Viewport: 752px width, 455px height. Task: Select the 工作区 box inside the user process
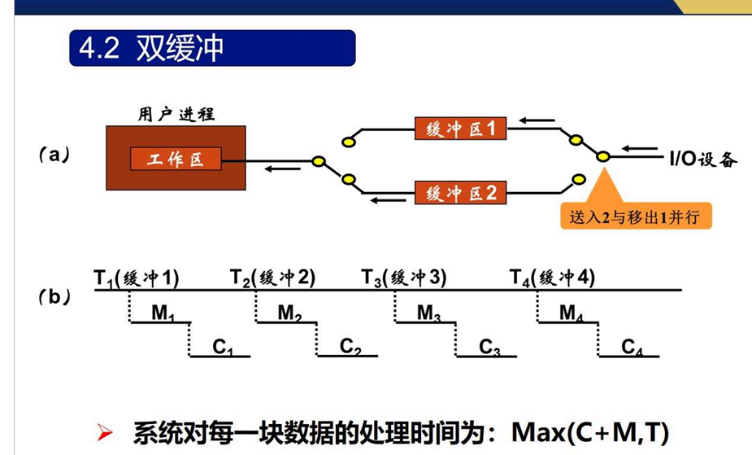[176, 160]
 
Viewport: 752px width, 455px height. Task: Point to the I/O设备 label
[703, 160]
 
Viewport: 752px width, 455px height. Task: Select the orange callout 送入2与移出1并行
[635, 217]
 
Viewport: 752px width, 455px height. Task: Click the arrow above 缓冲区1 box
[537, 121]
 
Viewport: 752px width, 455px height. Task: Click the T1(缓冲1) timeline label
[136, 278]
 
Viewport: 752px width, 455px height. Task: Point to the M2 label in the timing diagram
[290, 313]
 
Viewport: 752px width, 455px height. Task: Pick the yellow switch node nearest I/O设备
[602, 156]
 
